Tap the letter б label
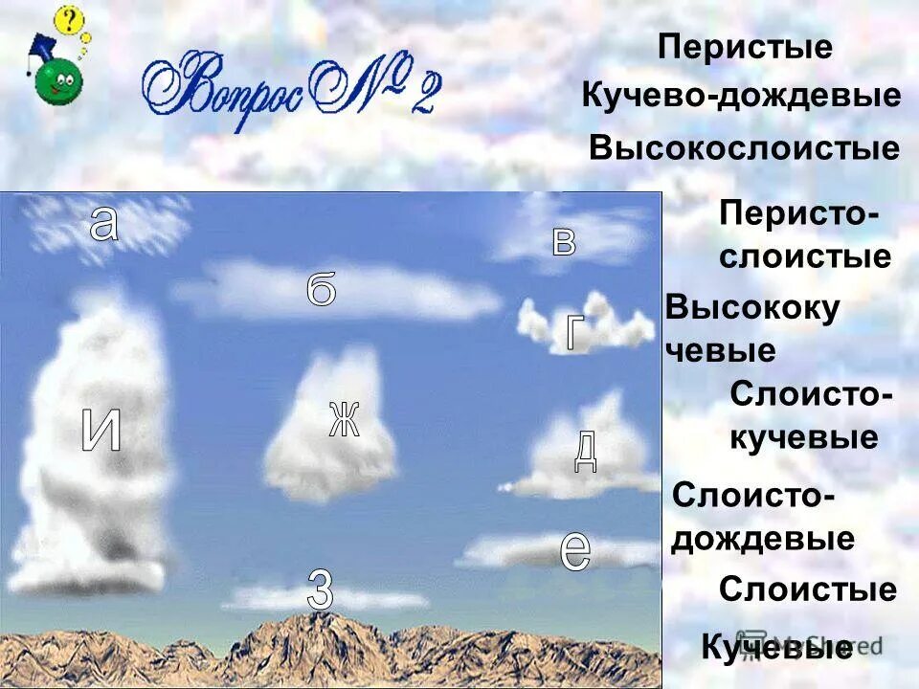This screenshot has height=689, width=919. [322, 289]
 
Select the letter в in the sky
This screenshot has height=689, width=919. [565, 242]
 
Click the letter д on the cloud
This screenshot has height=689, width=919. [585, 451]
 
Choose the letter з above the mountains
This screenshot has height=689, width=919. [321, 589]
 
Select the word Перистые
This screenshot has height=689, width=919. [745, 48]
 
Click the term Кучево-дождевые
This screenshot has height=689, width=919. [741, 97]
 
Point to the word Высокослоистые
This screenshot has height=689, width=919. [745, 148]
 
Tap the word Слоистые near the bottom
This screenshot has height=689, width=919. [808, 589]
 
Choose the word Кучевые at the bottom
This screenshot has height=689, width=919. [776, 648]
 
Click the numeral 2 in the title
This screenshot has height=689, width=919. [423, 94]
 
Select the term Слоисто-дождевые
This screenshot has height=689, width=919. [762, 518]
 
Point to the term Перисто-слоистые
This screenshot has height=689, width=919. [804, 234]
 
